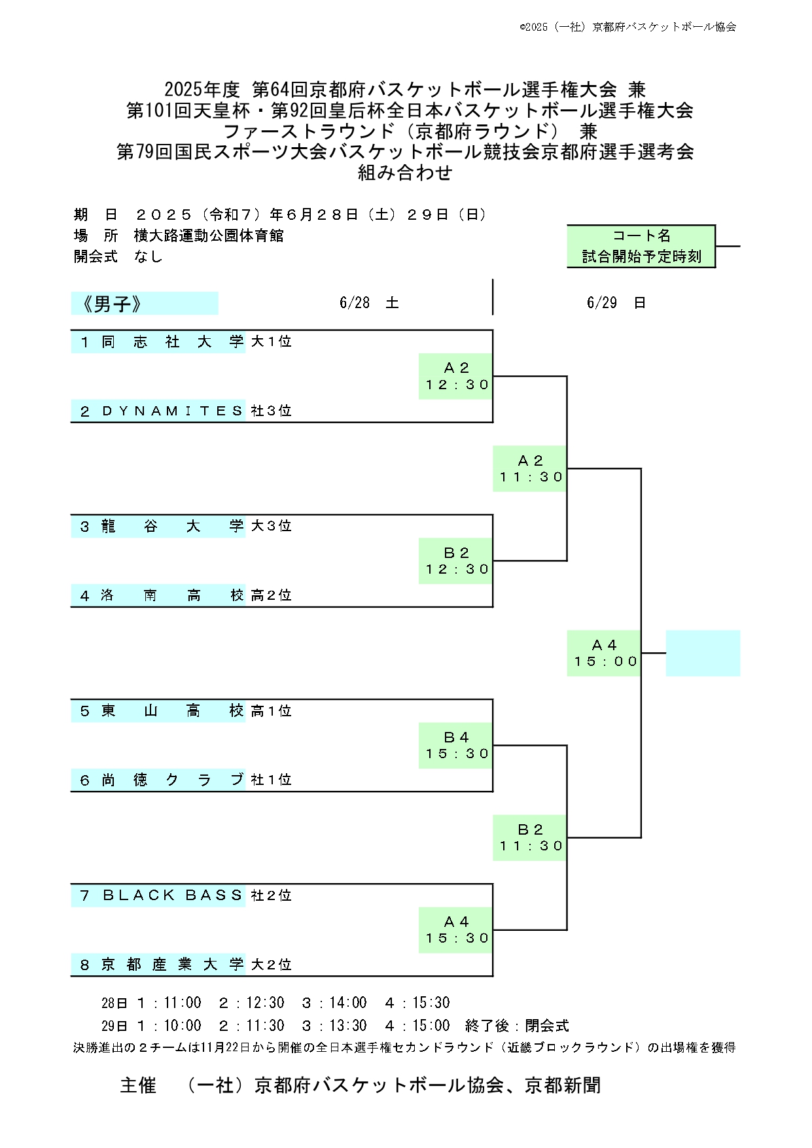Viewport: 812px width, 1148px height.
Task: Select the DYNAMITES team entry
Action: click(x=173, y=411)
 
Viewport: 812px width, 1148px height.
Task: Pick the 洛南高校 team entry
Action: click(x=172, y=595)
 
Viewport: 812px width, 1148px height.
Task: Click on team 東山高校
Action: click(x=172, y=710)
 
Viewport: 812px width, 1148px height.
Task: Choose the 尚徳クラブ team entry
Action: click(x=172, y=780)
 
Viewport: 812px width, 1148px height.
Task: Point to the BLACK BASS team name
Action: click(x=173, y=895)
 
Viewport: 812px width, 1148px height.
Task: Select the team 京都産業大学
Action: click(x=172, y=964)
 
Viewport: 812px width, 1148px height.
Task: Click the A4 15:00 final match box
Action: click(x=604, y=653)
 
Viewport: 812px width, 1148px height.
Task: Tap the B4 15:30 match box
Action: click(x=456, y=746)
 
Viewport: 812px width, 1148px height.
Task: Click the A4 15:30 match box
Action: click(x=456, y=930)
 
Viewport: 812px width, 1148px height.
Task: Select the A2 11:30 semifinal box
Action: click(x=530, y=469)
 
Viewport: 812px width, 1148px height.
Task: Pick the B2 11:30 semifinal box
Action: click(x=530, y=838)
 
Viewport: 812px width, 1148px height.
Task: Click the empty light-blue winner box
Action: click(x=703, y=653)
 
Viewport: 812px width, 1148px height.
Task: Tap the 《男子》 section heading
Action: click(x=145, y=304)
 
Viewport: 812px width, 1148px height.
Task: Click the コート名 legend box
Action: click(x=641, y=246)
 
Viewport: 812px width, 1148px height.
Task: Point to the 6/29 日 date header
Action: click(x=616, y=303)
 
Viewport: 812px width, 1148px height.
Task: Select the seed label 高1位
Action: click(x=271, y=711)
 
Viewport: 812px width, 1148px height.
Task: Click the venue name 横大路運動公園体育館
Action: click(x=209, y=235)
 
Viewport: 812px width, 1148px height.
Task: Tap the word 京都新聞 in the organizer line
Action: click(x=563, y=1085)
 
